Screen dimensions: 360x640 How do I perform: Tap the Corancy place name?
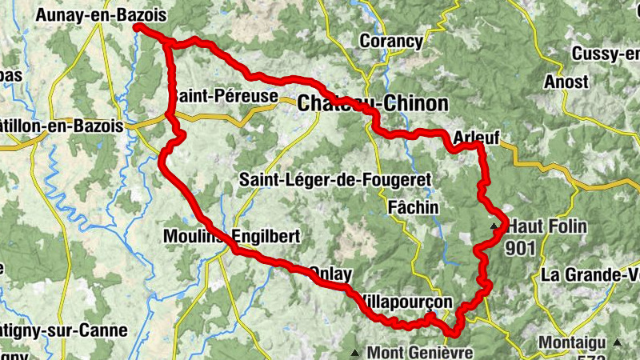[391, 41]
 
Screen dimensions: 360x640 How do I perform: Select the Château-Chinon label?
[373, 103]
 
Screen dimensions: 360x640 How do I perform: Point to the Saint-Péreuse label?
[224, 97]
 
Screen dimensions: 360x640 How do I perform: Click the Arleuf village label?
[475, 138]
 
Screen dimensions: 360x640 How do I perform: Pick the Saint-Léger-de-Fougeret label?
[335, 180]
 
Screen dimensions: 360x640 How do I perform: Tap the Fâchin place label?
[413, 207]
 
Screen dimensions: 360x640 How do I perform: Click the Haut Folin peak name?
[546, 227]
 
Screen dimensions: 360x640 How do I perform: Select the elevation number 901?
[520, 248]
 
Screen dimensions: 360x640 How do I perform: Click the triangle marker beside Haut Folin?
[495, 228]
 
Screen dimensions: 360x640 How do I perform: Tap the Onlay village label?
[330, 274]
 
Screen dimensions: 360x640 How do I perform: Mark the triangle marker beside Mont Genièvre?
[354, 352]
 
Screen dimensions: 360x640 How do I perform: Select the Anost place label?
[566, 82]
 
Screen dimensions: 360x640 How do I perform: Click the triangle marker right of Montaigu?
[616, 342]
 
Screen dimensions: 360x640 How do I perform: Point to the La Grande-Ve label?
[590, 274]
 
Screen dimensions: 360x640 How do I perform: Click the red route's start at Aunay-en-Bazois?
[138, 27]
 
